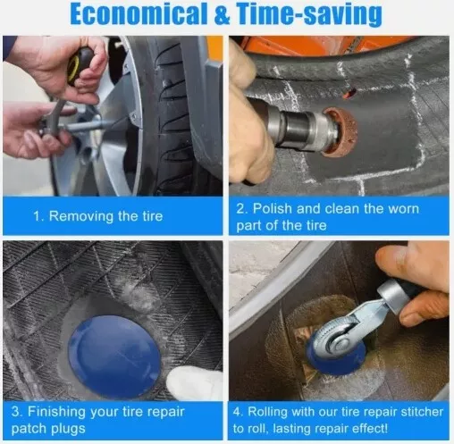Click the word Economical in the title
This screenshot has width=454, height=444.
[x=139, y=14]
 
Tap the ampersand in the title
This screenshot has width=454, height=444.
[x=222, y=14]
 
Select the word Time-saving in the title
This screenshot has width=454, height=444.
[x=309, y=15]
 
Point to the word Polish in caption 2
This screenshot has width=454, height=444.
[x=273, y=208]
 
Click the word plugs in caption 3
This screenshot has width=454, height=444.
[x=68, y=429]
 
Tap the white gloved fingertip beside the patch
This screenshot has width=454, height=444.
[x=190, y=382]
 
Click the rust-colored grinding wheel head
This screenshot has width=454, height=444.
[x=339, y=132]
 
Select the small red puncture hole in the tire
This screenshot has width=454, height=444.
[x=349, y=93]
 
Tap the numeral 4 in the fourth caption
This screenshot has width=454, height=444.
[x=237, y=413]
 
